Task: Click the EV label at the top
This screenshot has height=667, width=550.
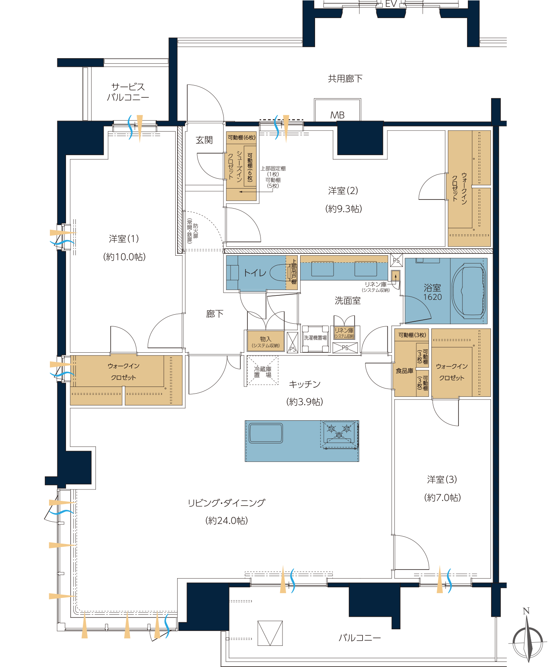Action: click(391, 4)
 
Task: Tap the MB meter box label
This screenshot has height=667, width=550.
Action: click(337, 115)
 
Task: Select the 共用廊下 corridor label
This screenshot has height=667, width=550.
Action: click(345, 79)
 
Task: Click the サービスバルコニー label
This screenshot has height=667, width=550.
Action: click(128, 92)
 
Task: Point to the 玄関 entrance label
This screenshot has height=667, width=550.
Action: click(204, 140)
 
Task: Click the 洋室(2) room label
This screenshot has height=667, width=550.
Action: click(343, 191)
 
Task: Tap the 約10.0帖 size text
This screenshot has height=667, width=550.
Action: click(125, 257)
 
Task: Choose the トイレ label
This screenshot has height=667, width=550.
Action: click(255, 273)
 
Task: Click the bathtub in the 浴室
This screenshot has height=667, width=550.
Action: click(469, 291)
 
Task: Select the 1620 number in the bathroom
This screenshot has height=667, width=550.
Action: click(433, 297)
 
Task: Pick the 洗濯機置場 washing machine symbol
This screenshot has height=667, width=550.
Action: click(315, 338)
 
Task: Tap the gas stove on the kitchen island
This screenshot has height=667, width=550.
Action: click(339, 434)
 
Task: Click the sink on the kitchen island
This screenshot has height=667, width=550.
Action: click(266, 433)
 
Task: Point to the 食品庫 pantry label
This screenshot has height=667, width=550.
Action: click(405, 371)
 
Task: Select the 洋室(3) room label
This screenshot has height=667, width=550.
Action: click(442, 480)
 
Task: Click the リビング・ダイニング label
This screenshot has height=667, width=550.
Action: click(227, 503)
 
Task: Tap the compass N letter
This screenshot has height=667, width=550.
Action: click(526, 611)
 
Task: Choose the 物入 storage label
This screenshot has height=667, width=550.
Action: click(266, 339)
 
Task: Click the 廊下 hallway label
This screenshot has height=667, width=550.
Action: click(215, 313)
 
